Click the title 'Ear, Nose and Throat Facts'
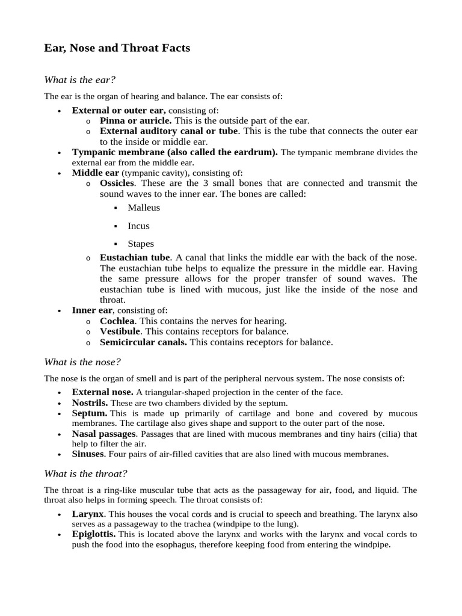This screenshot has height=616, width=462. coord(117,48)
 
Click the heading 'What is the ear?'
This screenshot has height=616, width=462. coord(80,79)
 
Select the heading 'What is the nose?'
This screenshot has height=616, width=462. coord(83,362)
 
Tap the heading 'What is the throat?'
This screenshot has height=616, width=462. coord(85,473)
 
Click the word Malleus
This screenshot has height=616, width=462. coord(144,208)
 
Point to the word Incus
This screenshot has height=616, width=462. coord(138,226)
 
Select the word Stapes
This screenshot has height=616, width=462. coord(141,244)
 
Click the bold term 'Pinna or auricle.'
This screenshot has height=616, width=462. coord(135,120)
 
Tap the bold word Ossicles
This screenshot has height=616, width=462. coord(117,183)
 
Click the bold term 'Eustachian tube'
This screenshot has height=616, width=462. coord(135,257)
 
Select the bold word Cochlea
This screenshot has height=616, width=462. coord(117,321)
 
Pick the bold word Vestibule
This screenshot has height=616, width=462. coord(120,331)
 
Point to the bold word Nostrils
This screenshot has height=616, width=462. coord(90,402)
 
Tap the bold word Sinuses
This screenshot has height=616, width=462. coord(88,454)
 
